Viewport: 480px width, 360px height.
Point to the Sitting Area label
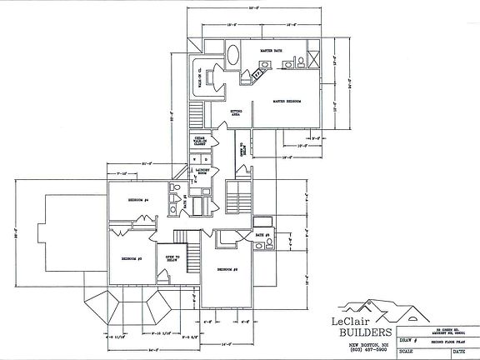(x=237, y=111)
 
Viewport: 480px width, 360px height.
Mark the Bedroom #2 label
(x=229, y=270)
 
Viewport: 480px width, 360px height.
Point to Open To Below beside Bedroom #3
(x=173, y=258)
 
